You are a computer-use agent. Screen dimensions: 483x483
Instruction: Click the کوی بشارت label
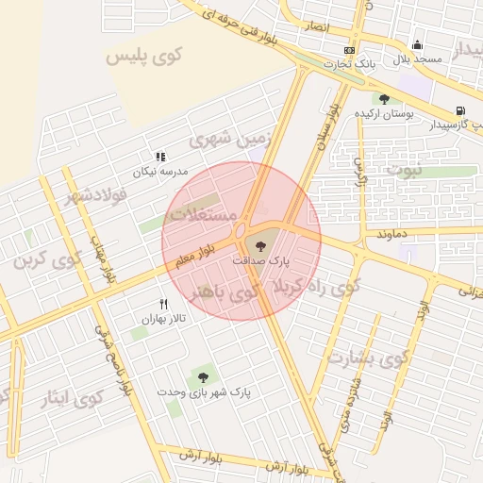pyautogui.click(x=367, y=358)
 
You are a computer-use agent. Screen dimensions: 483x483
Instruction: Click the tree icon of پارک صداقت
pyautogui.click(x=262, y=246)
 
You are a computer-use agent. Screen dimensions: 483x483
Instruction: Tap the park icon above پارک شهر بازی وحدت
pyautogui.click(x=202, y=377)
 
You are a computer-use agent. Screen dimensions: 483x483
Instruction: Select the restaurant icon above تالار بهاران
pyautogui.click(x=163, y=304)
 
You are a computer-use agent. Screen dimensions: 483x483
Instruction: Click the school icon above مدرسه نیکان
pyautogui.click(x=160, y=156)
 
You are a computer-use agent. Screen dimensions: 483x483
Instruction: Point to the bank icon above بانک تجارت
pyautogui.click(x=350, y=50)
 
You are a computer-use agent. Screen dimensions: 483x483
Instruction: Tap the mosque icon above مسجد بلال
pyautogui.click(x=417, y=44)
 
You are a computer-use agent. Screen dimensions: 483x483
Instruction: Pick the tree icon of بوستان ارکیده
pyautogui.click(x=384, y=98)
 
